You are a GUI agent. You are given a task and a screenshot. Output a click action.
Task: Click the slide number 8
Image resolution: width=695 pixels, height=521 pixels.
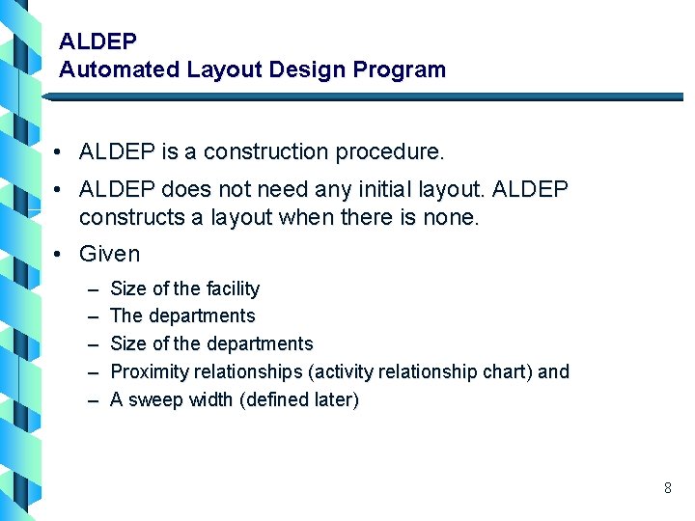667,488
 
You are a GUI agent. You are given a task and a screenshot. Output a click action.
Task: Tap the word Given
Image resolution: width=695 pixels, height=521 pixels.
109,254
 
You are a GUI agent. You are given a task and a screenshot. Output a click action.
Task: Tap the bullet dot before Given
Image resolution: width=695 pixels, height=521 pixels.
60,255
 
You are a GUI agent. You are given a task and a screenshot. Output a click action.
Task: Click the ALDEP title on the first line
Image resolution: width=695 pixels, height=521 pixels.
97,41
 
